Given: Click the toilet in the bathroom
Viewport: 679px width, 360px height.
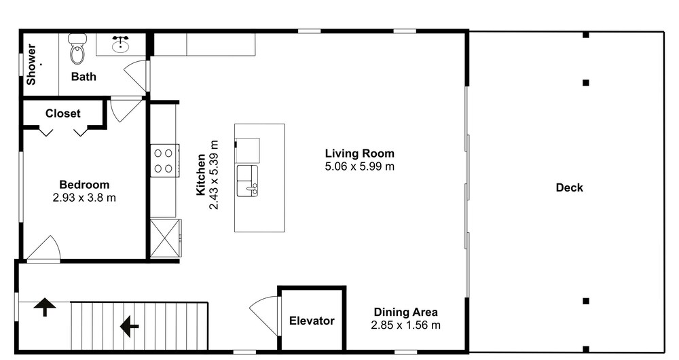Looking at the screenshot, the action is coord(77,48).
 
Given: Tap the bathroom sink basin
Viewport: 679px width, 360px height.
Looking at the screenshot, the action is coord(120,45).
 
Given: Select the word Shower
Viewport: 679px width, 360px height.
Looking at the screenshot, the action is coord(31,64).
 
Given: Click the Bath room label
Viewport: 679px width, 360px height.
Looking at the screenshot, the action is coord(84,77).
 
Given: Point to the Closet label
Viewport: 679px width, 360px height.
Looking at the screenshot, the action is coord(62,113).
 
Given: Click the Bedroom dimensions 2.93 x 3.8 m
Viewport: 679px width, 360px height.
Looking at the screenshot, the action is coord(84,198).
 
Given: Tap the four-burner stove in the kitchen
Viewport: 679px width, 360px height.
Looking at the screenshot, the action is coord(164,160).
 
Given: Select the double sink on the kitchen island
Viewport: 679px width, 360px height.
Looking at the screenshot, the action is coord(247,181).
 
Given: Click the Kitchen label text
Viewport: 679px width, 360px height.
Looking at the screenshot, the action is coord(201,175).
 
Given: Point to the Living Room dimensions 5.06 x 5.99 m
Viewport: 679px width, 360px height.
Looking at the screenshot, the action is coord(359,166).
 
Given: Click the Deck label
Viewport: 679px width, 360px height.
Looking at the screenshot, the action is coord(570,187).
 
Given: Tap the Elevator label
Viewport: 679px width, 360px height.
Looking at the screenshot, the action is coord(312,321).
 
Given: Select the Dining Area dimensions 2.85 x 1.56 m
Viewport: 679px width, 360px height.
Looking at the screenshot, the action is coord(406,325).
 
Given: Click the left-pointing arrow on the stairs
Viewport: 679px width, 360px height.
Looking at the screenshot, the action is coord(129,326).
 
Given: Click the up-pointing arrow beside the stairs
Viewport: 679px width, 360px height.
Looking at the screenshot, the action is coord(45,307).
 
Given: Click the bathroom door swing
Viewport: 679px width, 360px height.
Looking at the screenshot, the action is coord(135,75).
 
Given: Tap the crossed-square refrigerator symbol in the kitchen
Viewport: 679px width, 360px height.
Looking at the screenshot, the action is coord(166,238).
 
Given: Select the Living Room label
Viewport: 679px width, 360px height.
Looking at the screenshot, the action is coord(360,154).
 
